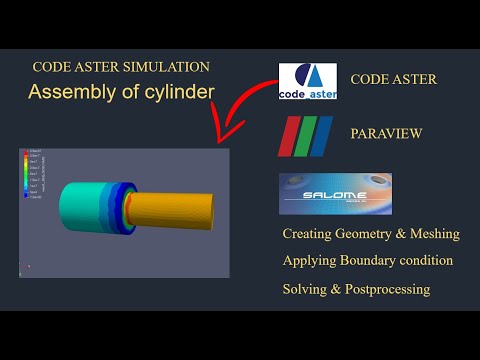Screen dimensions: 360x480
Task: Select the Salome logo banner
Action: click(x=335, y=193)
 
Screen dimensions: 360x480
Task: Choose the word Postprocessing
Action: click(x=385, y=289)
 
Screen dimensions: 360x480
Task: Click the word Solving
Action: click(x=305, y=289)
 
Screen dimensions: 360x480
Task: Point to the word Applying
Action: click(x=309, y=261)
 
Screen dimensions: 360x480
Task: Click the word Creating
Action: click(x=310, y=234)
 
